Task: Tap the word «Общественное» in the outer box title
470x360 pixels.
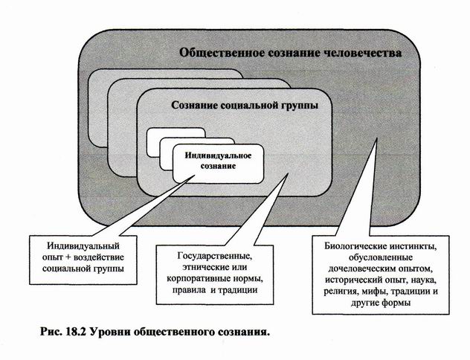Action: click(x=216, y=54)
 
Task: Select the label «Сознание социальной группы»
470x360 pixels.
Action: click(x=245, y=106)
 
